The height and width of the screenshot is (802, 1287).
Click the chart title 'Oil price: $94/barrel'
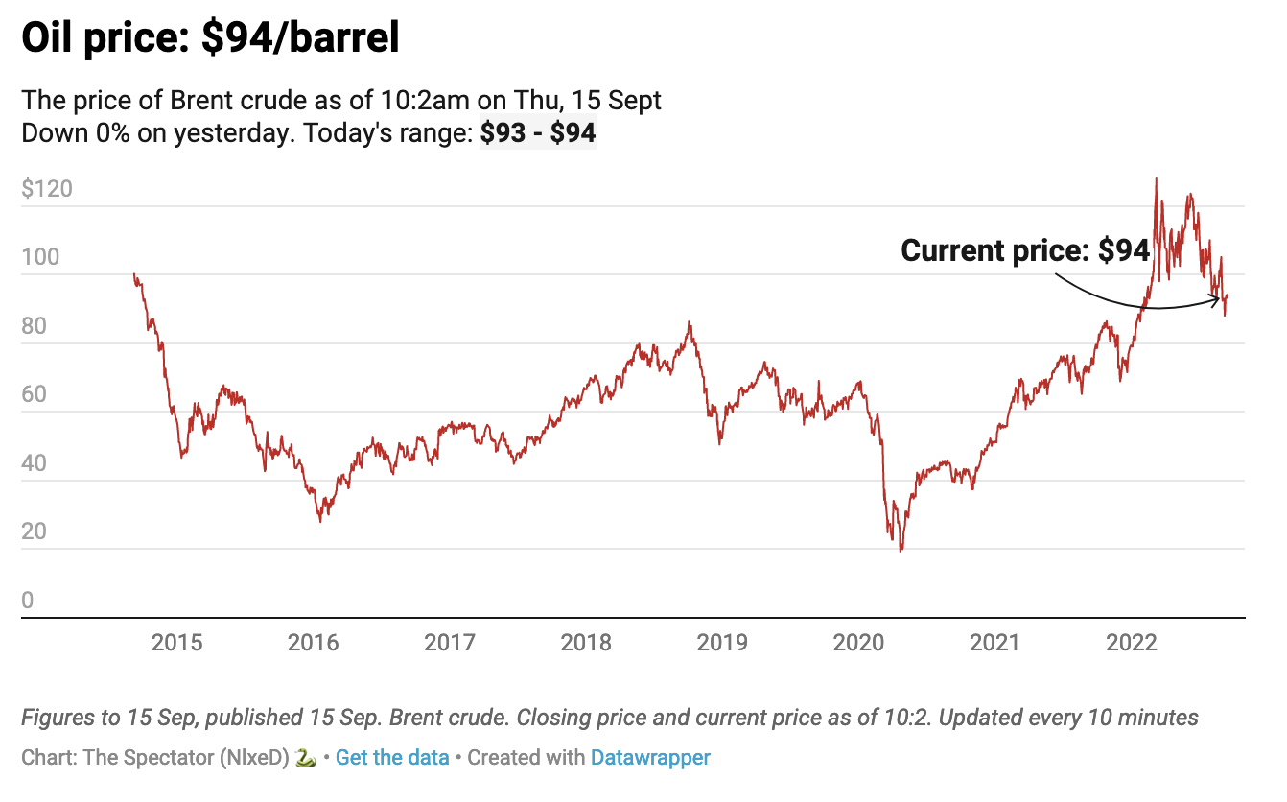point(210,38)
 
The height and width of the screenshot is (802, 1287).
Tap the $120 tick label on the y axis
point(46,189)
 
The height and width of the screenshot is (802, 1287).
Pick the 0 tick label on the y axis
point(28,601)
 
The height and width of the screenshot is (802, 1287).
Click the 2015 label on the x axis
point(177,643)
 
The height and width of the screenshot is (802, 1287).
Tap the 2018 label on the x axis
point(586,643)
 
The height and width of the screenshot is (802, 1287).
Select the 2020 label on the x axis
point(858,643)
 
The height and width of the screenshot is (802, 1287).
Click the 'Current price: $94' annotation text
point(1024,251)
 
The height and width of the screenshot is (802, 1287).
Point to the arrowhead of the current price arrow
point(1219,300)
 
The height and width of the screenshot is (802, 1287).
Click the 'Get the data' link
point(392,758)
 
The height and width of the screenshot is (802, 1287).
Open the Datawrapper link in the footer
point(650,758)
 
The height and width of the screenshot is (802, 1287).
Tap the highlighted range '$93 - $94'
point(538,133)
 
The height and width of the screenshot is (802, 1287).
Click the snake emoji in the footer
point(306,758)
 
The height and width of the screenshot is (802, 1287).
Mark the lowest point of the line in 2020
point(901,551)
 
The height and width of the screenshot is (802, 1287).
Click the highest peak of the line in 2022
point(1157,178)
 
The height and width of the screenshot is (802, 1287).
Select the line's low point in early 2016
point(320,521)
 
